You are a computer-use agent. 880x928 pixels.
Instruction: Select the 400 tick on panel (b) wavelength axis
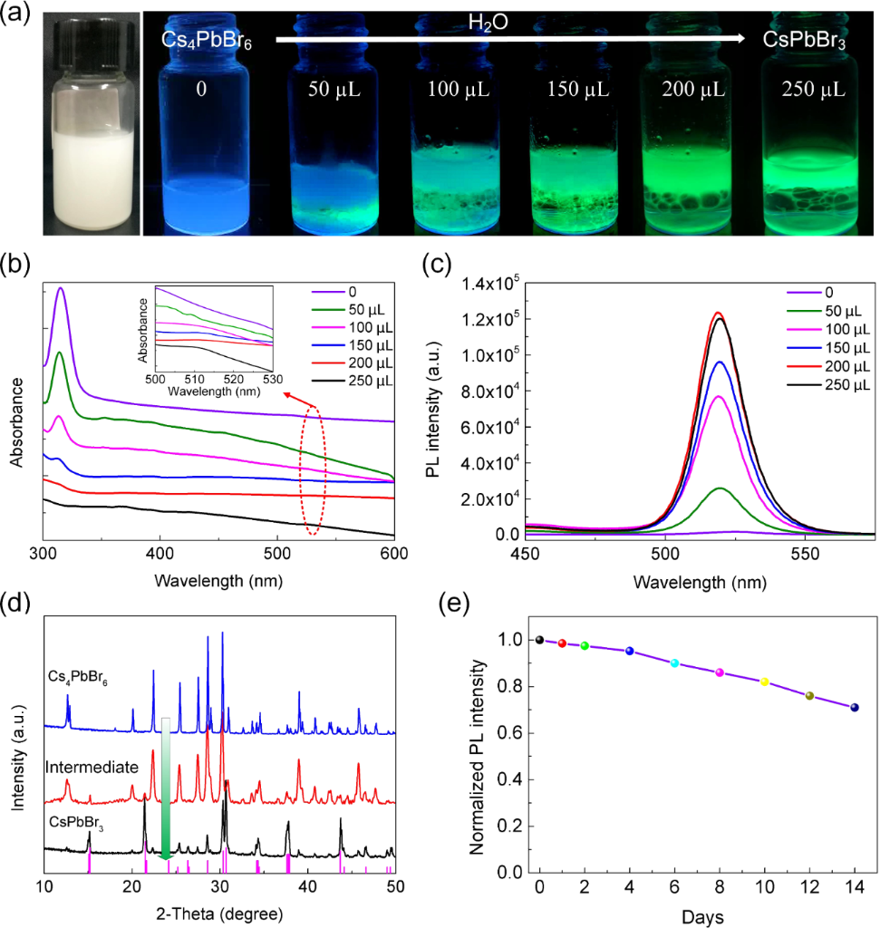[x=160, y=552]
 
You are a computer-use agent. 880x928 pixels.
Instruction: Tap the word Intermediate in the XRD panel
[x=92, y=768]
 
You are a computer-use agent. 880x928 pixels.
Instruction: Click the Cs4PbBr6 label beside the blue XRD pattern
[x=79, y=676]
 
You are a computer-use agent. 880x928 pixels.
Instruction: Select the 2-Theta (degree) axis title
[x=218, y=913]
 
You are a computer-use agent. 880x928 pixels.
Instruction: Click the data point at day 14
[x=855, y=708]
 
